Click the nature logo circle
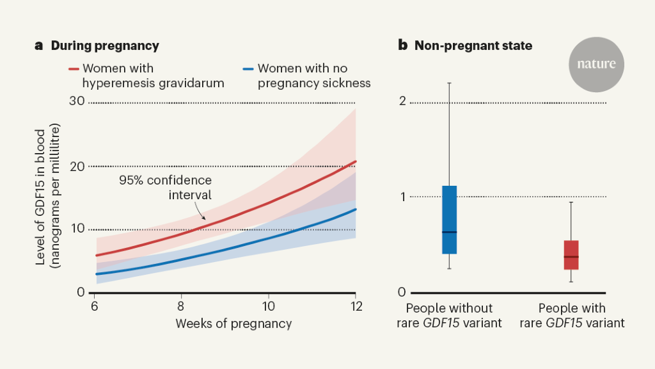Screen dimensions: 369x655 pyautogui.click(x=596, y=64)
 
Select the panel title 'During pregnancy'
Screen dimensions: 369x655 pyautogui.click(x=105, y=45)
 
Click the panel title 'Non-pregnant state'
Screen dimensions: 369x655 pyautogui.click(x=473, y=45)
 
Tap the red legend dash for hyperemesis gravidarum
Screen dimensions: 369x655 pyautogui.click(x=73, y=69)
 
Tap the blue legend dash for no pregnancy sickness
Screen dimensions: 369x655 pyautogui.click(x=248, y=69)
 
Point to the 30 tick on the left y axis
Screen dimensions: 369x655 pyautogui.click(x=77, y=101)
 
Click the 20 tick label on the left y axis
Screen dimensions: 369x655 pyautogui.click(x=77, y=166)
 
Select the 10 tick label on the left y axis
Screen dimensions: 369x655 pyautogui.click(x=77, y=229)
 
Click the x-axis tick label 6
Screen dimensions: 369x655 pyautogui.click(x=95, y=306)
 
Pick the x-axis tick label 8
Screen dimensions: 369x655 pyautogui.click(x=182, y=306)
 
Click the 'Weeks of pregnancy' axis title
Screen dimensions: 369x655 pyautogui.click(x=233, y=324)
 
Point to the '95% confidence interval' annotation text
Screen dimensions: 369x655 pyautogui.click(x=165, y=186)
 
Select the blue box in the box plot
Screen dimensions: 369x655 pyautogui.click(x=449, y=220)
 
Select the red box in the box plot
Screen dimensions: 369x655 pyautogui.click(x=571, y=255)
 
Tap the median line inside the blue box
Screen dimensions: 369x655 pyautogui.click(x=449, y=232)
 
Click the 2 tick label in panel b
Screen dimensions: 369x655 pyautogui.click(x=402, y=101)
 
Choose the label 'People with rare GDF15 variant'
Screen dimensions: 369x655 pyautogui.click(x=572, y=316)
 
